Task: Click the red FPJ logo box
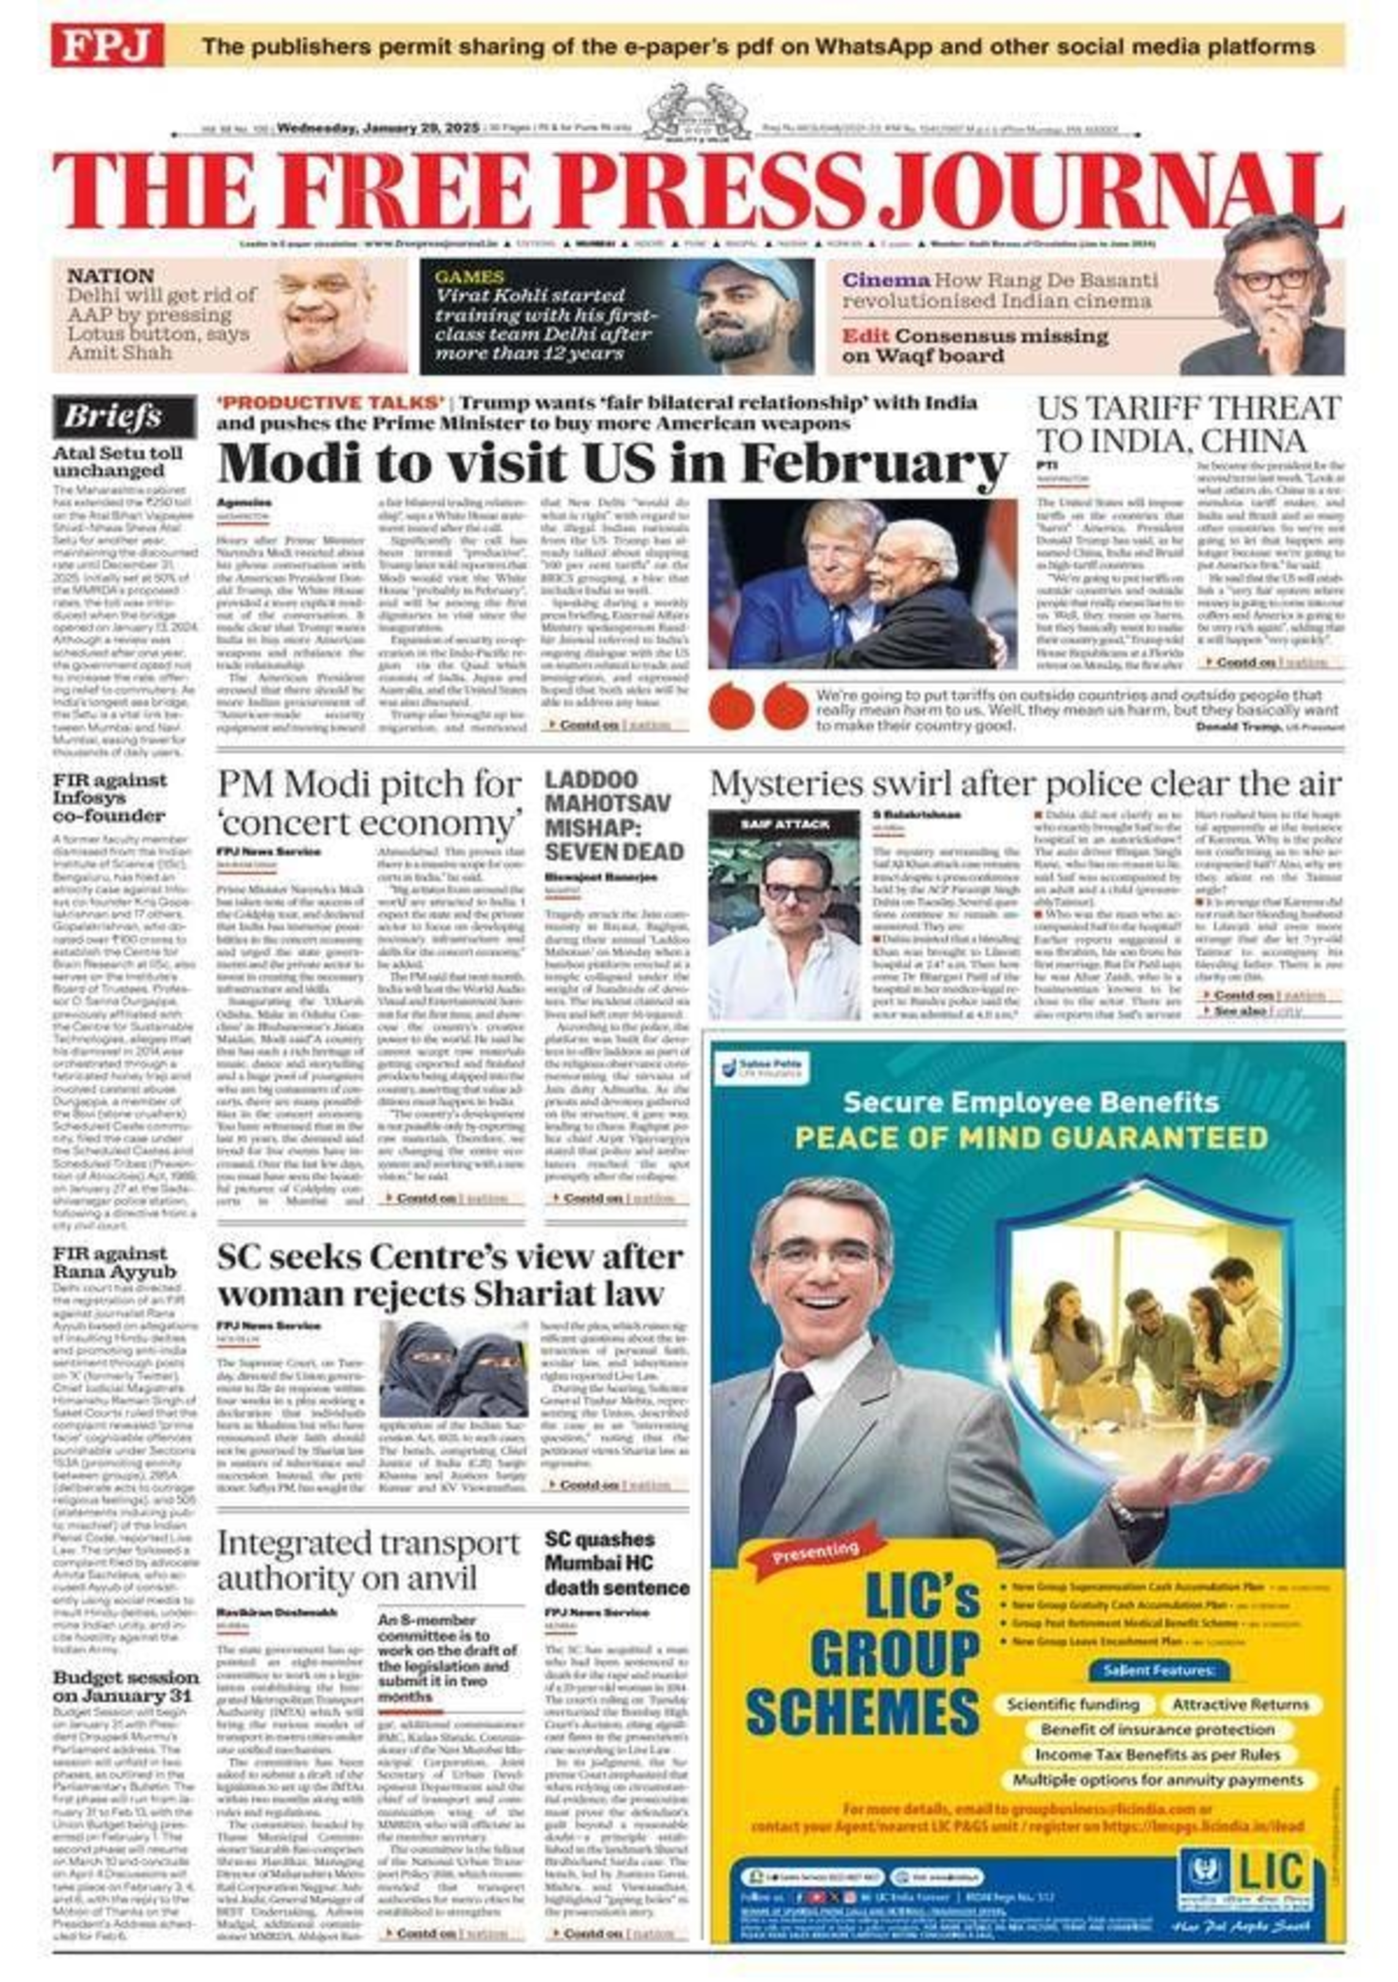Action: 107,45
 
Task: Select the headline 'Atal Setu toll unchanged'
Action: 118,462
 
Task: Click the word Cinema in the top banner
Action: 886,280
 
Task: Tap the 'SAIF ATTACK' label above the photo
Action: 785,824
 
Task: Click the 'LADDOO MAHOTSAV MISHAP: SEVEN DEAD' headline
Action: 613,815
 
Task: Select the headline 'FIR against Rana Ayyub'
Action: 115,1262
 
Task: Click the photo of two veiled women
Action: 454,1368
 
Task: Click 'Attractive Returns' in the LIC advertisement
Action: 1240,1705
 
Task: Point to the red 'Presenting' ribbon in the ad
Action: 816,1551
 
